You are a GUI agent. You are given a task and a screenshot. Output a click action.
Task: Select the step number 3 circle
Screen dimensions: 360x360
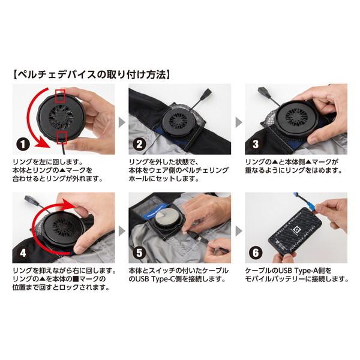coord(255,145)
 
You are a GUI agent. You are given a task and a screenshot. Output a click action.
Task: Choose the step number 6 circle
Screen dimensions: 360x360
coord(255,253)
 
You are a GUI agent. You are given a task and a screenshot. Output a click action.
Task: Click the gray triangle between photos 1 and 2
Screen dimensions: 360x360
coord(121,122)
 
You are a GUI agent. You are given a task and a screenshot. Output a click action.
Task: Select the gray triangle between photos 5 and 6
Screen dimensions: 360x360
coord(238,230)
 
